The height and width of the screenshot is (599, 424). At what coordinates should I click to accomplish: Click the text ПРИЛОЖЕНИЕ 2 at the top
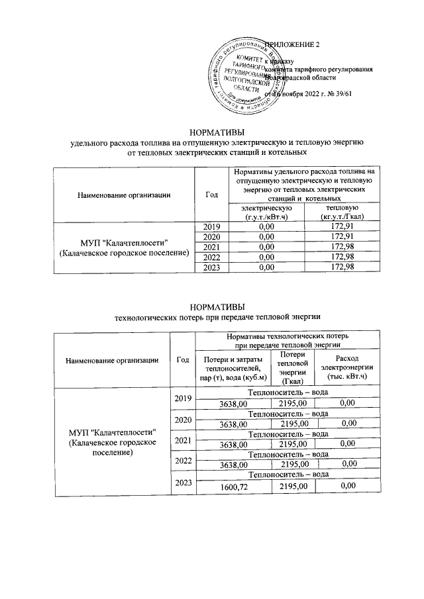click(x=292, y=45)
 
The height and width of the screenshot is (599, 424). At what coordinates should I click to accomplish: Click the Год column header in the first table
click(x=211, y=195)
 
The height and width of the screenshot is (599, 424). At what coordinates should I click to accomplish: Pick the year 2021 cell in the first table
click(x=211, y=247)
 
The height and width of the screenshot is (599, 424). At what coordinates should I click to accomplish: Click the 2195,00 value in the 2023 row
click(x=293, y=486)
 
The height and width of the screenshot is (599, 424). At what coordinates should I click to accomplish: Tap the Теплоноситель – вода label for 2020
click(x=288, y=414)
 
